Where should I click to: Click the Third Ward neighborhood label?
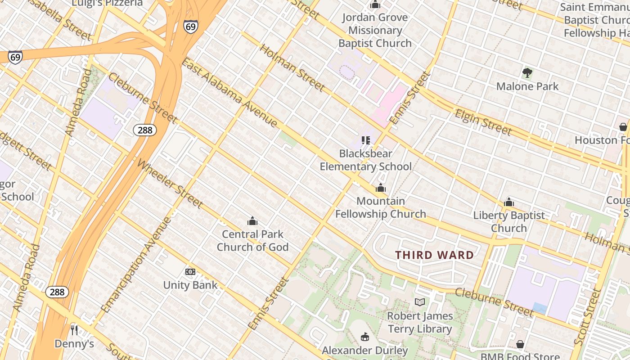point(434,255)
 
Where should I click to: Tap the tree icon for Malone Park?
point(527,72)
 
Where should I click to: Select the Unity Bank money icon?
point(190,271)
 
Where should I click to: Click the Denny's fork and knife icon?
point(74,330)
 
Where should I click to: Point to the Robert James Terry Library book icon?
point(419,302)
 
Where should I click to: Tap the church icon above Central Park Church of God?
point(252,221)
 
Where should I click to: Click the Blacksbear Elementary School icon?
point(365,140)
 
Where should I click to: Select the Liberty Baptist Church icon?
point(509,202)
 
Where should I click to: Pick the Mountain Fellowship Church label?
point(381,207)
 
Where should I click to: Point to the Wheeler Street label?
point(170,184)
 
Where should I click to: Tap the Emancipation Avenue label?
point(136,265)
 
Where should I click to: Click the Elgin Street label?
point(483,122)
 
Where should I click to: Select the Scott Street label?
point(588,317)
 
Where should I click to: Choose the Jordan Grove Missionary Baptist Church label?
point(375,31)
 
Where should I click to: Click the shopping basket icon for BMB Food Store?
point(520,344)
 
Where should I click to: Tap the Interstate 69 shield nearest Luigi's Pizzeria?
point(190,27)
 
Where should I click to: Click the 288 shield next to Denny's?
point(57,292)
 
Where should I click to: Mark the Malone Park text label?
point(527,86)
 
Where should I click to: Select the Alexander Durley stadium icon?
point(365,337)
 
